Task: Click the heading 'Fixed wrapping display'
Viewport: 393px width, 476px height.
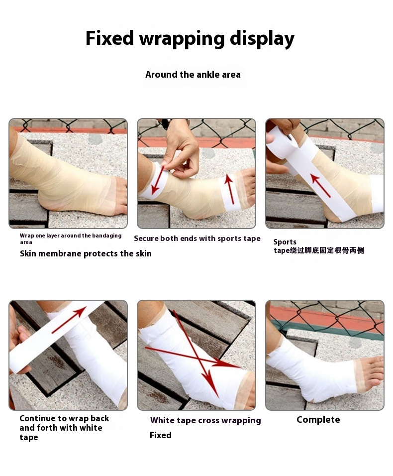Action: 190,38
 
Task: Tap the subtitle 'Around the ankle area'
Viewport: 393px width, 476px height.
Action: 193,75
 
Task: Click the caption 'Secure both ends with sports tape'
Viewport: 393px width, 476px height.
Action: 197,238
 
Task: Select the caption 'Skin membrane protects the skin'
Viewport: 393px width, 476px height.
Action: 86,253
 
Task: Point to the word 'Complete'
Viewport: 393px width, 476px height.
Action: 318,420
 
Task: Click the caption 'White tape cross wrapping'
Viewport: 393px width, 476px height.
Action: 205,420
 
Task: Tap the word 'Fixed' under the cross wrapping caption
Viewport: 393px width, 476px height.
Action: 161,435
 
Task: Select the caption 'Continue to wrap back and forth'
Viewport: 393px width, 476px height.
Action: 64,428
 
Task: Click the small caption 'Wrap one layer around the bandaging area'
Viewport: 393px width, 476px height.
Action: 70,238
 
